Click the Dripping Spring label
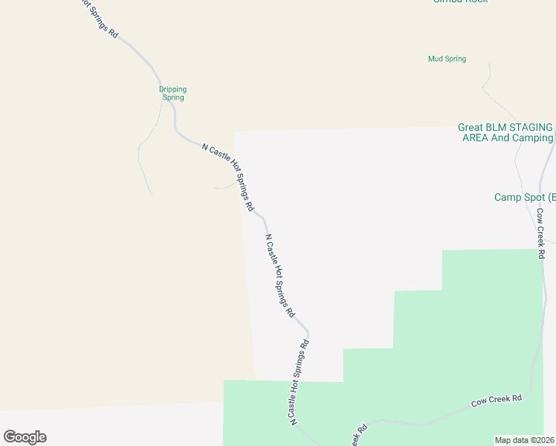coord(172,93)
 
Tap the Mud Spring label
coord(447,59)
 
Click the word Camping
coord(532,138)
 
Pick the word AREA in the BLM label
coord(476,138)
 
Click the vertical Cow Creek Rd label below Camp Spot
coord(541,233)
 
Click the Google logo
coord(25,437)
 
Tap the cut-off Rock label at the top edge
coord(461,1)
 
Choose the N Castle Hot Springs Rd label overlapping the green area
coord(299,382)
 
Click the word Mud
coord(436,59)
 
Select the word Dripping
coord(173,89)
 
